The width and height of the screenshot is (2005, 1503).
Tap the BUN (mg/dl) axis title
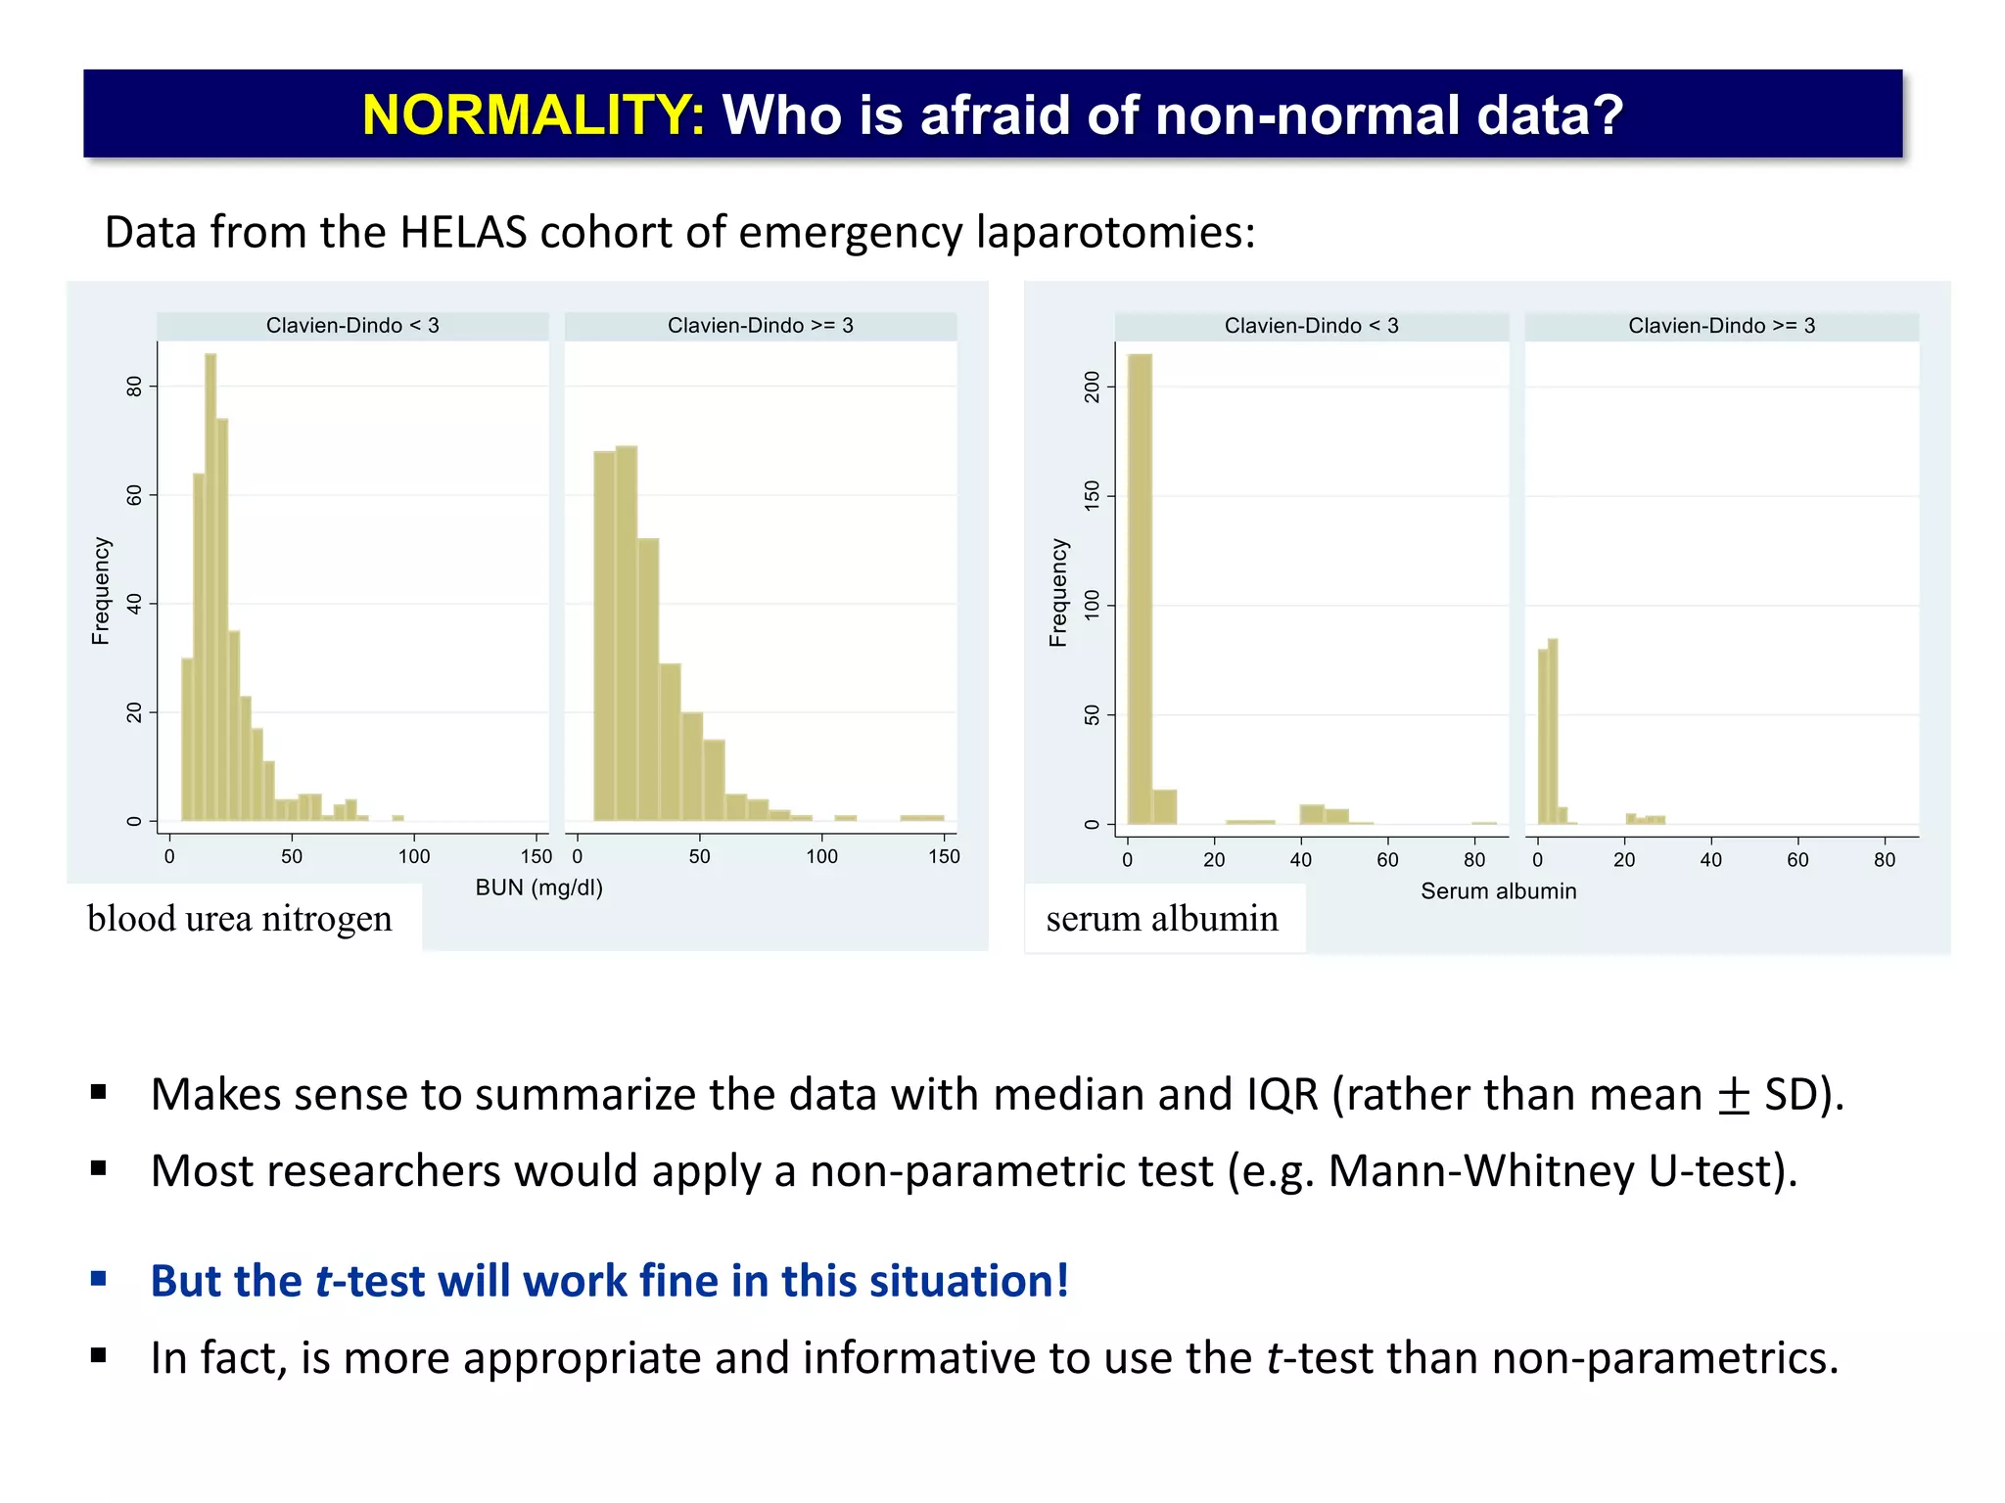click(538, 888)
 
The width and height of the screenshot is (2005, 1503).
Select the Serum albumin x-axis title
click(1498, 891)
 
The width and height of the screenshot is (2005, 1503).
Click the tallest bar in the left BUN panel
click(210, 587)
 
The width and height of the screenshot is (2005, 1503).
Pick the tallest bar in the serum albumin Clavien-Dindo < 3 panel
click(1140, 587)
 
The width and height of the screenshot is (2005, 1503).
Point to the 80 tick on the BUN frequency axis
click(135, 387)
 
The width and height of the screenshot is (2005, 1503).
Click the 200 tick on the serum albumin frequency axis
click(1093, 387)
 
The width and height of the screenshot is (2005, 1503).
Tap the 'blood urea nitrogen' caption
click(240, 919)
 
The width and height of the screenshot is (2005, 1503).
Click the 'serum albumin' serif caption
click(1162, 919)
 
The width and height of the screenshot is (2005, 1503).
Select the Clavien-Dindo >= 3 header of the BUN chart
click(760, 326)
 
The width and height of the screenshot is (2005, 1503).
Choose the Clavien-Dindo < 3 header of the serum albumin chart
click(1311, 326)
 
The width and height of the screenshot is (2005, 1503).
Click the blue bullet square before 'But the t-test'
click(98, 1278)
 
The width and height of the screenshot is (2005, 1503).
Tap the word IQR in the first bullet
click(1282, 1095)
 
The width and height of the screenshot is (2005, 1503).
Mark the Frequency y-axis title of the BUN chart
click(101, 591)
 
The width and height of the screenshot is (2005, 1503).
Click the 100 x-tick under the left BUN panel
click(414, 857)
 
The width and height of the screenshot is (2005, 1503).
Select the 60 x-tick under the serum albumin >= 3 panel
click(1797, 860)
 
